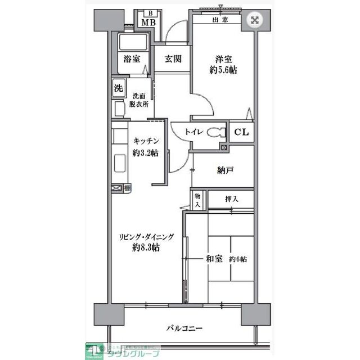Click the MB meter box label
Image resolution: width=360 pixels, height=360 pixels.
148,22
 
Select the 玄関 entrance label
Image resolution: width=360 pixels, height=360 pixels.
173,58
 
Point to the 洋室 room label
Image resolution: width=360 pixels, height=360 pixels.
223,58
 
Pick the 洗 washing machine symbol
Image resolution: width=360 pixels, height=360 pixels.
118,88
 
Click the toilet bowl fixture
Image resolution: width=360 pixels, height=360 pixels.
215,132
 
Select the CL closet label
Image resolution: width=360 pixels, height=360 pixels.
241,133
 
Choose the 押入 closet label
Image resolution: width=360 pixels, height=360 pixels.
231,198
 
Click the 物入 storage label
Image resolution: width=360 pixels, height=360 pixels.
197,200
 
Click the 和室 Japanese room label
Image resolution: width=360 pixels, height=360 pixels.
214,259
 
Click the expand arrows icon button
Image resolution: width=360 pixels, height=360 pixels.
254,20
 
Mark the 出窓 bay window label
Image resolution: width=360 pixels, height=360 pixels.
220,20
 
